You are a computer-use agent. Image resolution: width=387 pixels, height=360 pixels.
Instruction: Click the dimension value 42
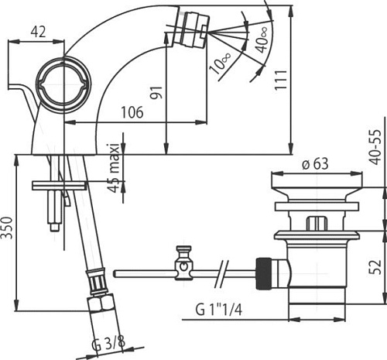pos(36,31)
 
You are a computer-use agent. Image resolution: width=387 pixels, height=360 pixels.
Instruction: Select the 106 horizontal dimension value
pos(132,112)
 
